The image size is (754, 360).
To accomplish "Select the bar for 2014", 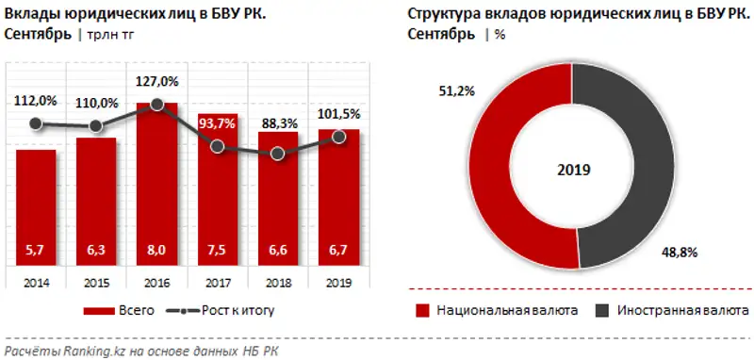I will pyautogui.click(x=36, y=207).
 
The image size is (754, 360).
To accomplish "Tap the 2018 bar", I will pyautogui.click(x=278, y=198).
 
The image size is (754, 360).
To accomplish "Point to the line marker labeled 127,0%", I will pyautogui.click(x=157, y=107).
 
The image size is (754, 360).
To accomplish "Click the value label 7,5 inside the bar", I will pyautogui.click(x=218, y=250).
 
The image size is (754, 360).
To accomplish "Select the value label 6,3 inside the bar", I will pyautogui.click(x=96, y=250).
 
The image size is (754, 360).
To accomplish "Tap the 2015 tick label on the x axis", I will pyautogui.click(x=96, y=281).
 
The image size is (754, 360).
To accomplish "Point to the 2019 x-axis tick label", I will pyautogui.click(x=338, y=281).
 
